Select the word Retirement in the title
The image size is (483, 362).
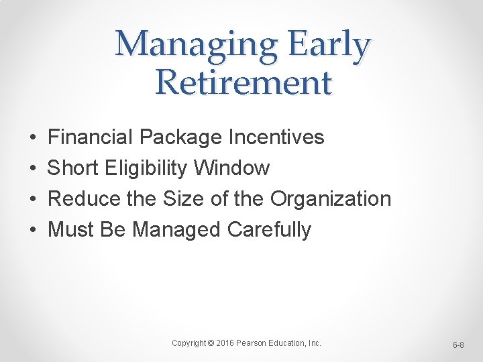[x=243, y=83]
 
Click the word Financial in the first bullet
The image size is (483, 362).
[x=90, y=137]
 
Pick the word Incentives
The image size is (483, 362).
[x=276, y=137]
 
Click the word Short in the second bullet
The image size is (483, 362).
[x=73, y=168]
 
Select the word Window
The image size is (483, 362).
[x=231, y=168]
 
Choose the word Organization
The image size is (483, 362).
[x=330, y=200]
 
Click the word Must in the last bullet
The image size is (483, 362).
[x=71, y=230]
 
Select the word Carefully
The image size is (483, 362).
[x=269, y=231]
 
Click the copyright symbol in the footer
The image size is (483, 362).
[x=211, y=343]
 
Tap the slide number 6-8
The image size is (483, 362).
[x=459, y=345]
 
